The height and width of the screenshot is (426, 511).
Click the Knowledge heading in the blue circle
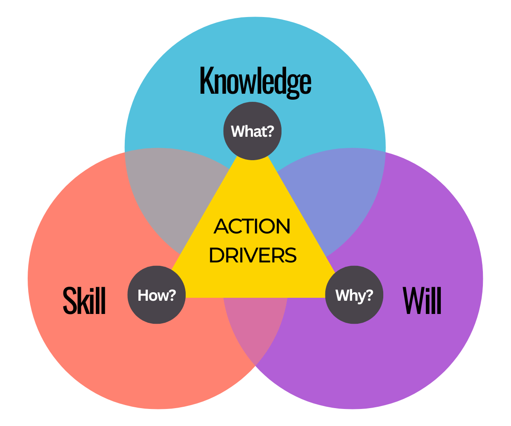[255, 81]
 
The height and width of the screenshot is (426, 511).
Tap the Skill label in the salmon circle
[84, 300]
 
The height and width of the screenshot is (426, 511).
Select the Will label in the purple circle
[422, 300]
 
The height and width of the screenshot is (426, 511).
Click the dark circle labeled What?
[252, 131]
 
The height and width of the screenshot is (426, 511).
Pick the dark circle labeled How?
[157, 295]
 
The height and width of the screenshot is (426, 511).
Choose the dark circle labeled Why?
[354, 295]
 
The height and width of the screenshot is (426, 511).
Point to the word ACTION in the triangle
[252, 227]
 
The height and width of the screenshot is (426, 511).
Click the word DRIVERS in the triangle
[253, 255]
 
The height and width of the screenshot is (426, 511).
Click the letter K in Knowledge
[207, 81]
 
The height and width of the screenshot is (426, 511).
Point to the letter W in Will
[412, 300]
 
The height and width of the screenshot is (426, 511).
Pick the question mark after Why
[370, 295]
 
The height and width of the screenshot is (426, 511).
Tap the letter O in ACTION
[268, 227]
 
